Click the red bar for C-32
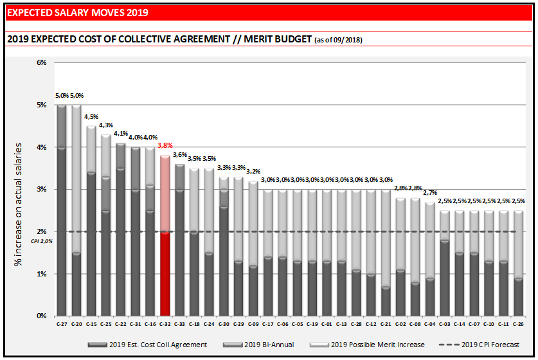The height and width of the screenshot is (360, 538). (x=165, y=273)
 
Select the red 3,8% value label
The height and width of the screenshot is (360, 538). (x=165, y=145)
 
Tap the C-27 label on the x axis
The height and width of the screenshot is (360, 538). (x=62, y=323)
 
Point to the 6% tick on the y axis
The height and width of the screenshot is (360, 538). (x=42, y=62)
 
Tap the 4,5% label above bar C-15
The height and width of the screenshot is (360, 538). (x=91, y=116)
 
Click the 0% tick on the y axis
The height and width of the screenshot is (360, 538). (x=42, y=316)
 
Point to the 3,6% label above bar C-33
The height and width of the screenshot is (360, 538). (x=180, y=154)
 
